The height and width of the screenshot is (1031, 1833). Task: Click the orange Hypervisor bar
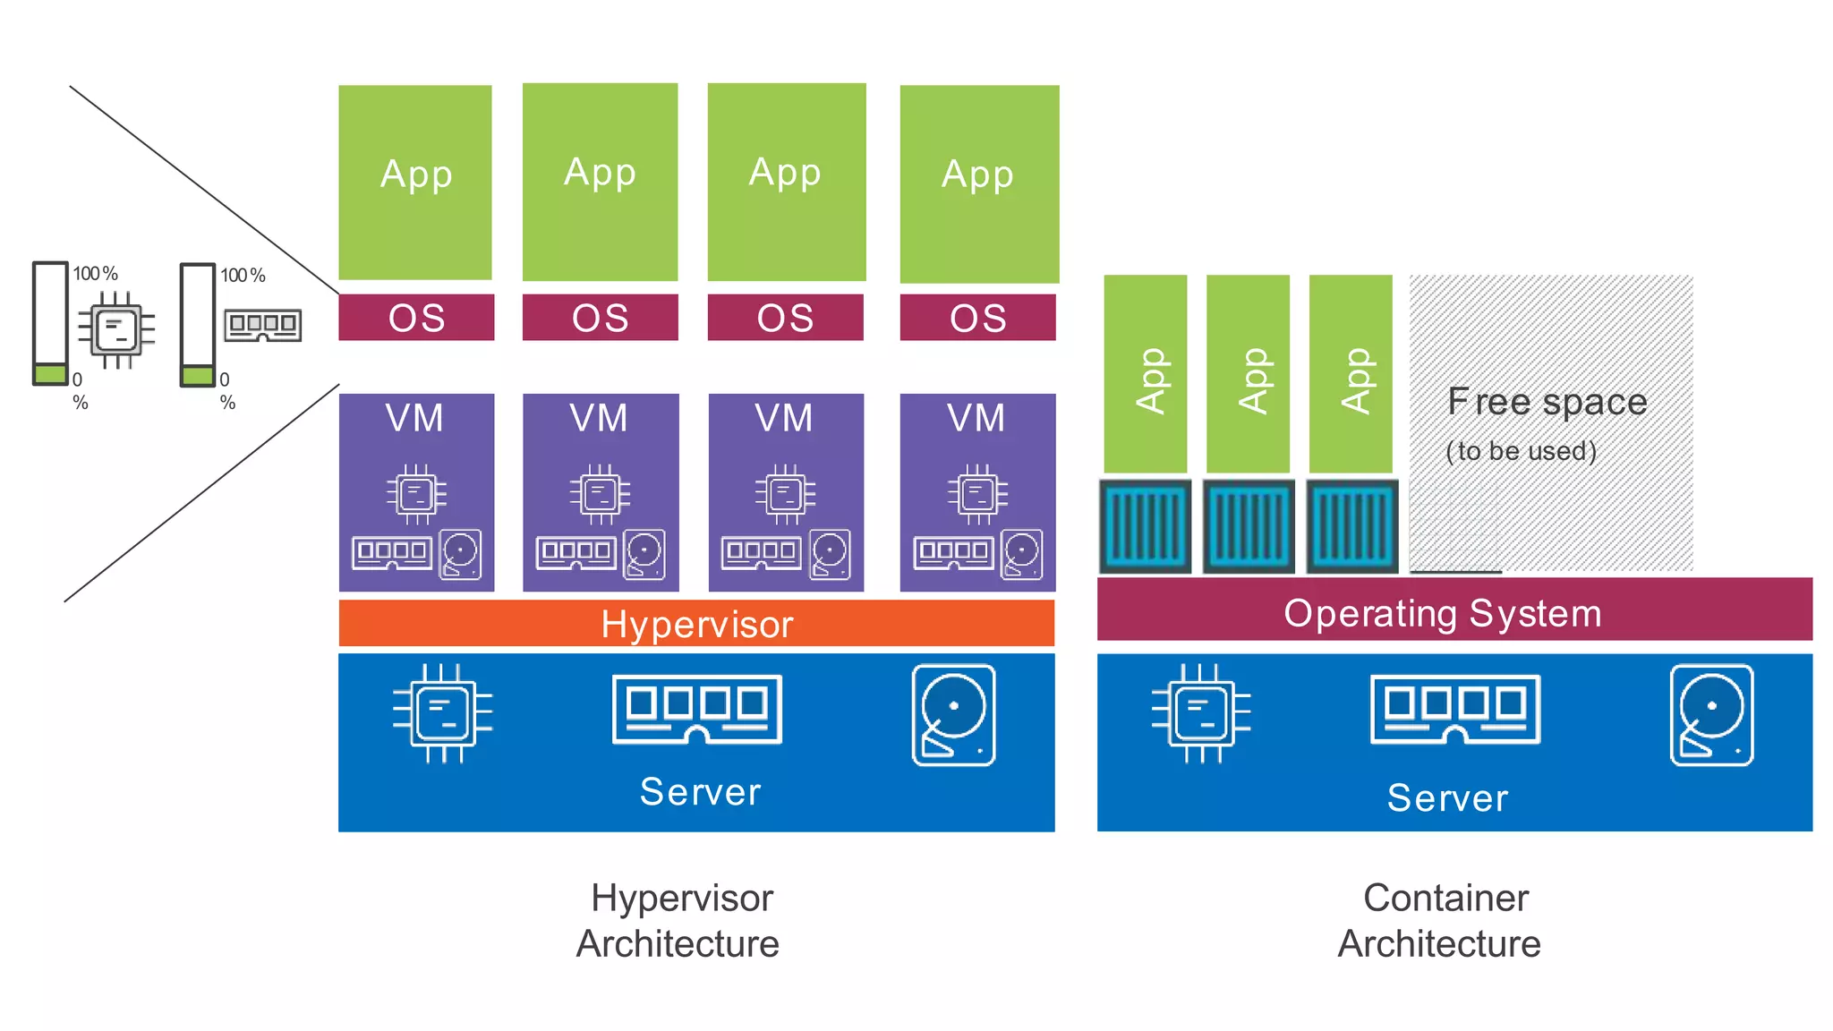click(696, 624)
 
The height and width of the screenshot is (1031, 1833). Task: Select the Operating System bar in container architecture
click(1454, 611)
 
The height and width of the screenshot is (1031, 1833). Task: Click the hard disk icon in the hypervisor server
click(953, 715)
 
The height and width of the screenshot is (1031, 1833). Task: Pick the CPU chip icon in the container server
click(1200, 713)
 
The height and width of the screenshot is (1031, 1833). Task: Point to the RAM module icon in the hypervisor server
click(696, 710)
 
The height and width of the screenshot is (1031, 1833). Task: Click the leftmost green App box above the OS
click(415, 183)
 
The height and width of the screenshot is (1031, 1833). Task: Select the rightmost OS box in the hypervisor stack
click(977, 318)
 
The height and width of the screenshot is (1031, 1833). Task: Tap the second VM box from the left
click(600, 492)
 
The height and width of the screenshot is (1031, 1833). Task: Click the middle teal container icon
click(1249, 526)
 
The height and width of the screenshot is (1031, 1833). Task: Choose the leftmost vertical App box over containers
click(1145, 374)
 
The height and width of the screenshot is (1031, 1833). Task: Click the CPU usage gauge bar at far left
click(50, 323)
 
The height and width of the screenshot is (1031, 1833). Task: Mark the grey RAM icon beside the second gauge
click(262, 325)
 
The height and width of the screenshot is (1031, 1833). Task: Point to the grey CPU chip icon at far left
click(116, 329)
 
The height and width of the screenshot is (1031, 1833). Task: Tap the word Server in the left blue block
click(700, 792)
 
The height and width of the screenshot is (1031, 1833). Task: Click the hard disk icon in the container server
click(1711, 715)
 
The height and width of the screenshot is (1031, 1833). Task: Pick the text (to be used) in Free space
click(1521, 450)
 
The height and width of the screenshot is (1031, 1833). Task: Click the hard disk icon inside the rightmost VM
click(1021, 554)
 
